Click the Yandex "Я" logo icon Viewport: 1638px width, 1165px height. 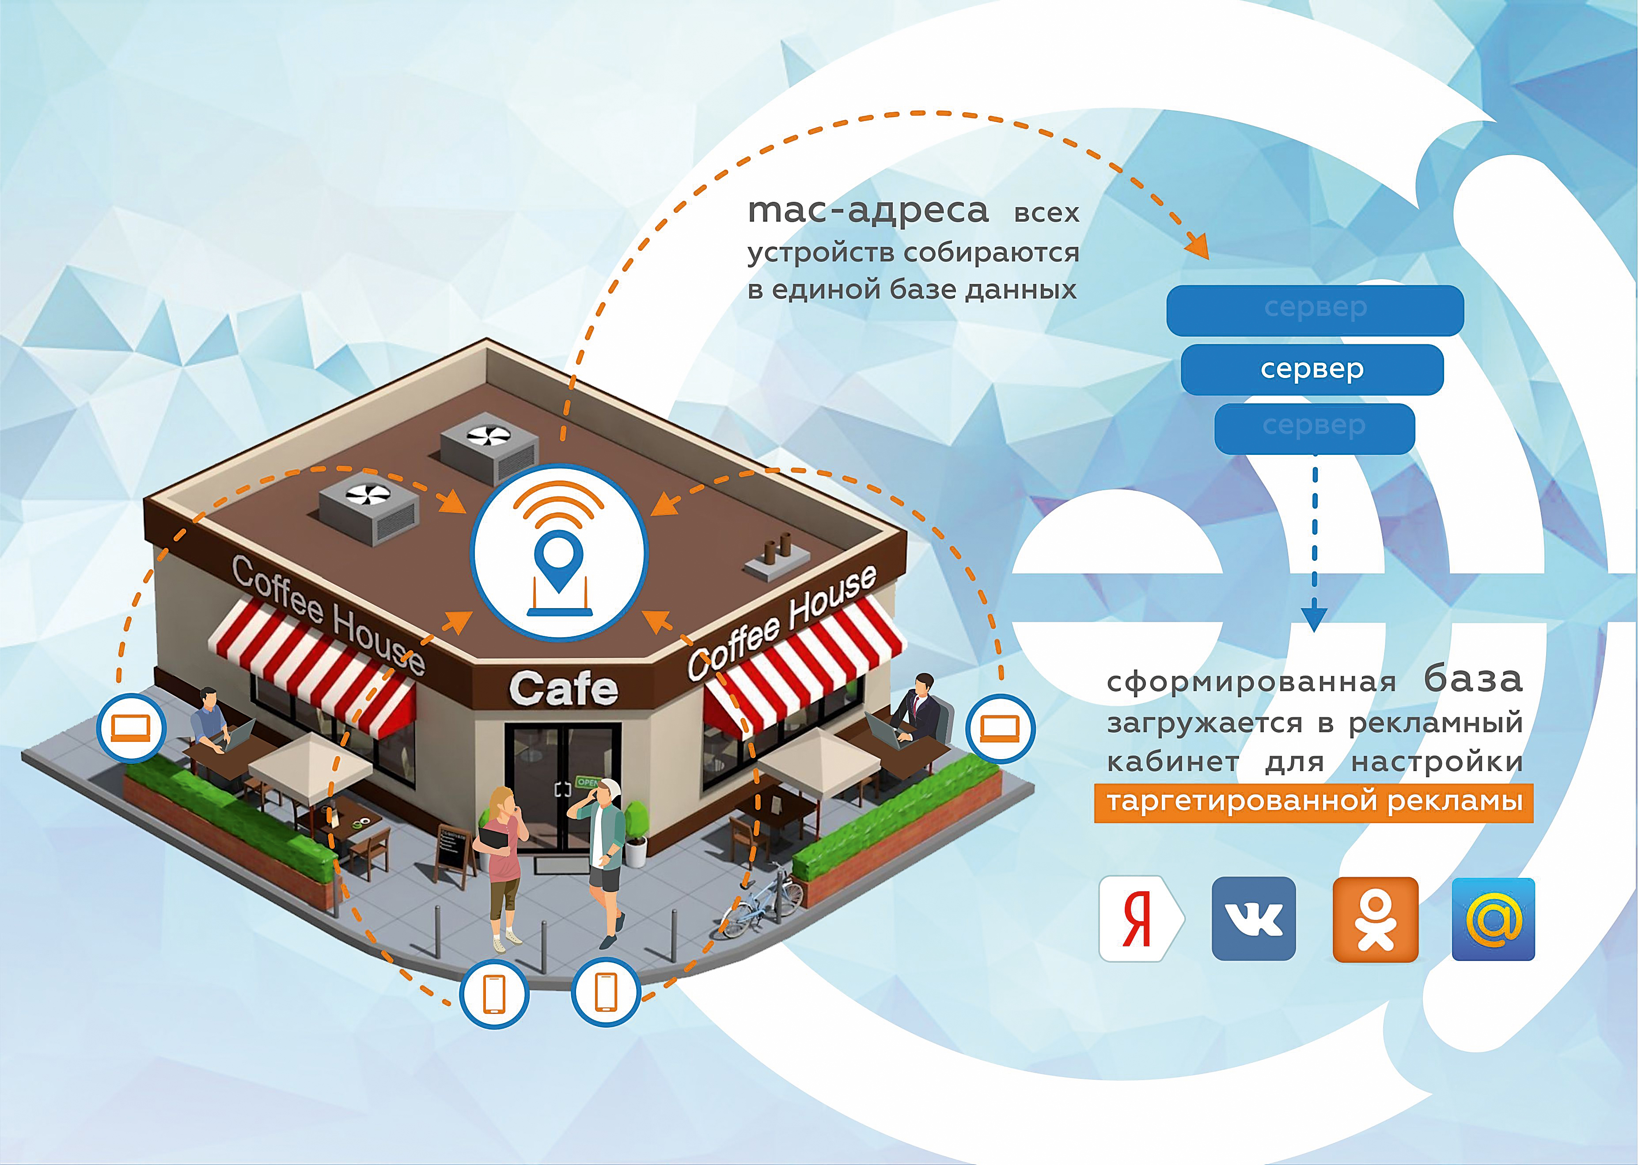click(1141, 919)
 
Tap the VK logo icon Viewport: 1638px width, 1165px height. click(1253, 919)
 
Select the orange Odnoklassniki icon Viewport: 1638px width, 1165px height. click(1376, 919)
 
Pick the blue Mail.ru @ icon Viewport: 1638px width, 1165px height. click(1493, 919)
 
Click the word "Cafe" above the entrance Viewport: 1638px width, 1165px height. click(563, 688)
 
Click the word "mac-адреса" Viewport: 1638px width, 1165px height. click(868, 211)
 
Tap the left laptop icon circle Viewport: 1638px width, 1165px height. click(131, 728)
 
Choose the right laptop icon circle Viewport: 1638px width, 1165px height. click(1000, 728)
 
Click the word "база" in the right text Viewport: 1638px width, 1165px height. click(1473, 679)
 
